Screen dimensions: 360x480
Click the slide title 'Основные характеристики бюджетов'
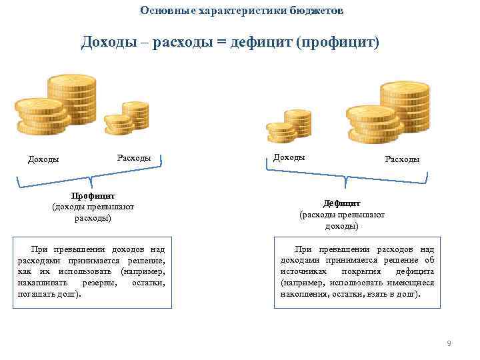pos(243,11)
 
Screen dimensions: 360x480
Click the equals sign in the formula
pos(221,43)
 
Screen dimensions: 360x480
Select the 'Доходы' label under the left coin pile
pos(43,159)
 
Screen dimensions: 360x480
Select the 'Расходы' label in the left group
pos(133,158)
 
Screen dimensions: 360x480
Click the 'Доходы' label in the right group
pos(289,157)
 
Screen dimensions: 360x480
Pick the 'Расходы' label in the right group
pos(402,159)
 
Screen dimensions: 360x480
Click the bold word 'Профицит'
pos(93,196)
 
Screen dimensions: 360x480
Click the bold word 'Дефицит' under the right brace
pos(341,203)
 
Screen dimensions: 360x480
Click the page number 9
pos(449,343)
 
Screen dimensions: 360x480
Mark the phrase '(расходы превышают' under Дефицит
pos(342,215)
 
